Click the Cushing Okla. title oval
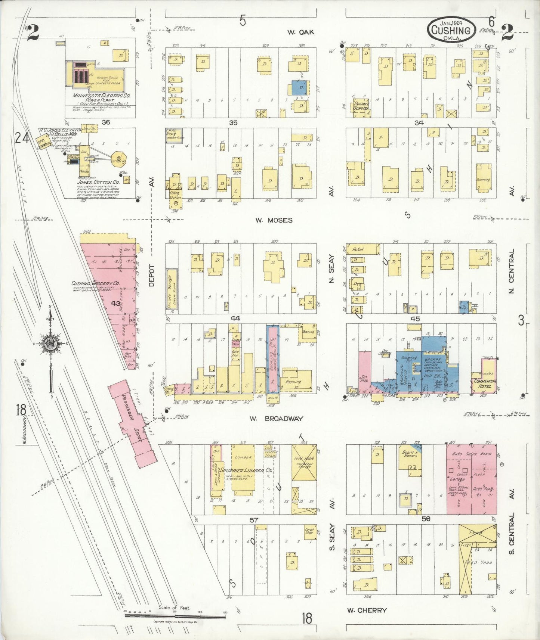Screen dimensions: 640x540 click(451, 29)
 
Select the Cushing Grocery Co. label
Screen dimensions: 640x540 click(95, 283)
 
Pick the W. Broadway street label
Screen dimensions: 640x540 click(276, 419)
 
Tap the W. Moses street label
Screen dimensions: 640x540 click(274, 220)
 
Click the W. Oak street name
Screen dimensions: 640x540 click(300, 32)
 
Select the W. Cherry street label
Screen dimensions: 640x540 click(367, 611)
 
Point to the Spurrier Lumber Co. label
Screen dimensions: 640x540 click(246, 470)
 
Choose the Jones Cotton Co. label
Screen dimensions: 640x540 click(98, 182)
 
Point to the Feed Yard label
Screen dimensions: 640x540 click(478, 562)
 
